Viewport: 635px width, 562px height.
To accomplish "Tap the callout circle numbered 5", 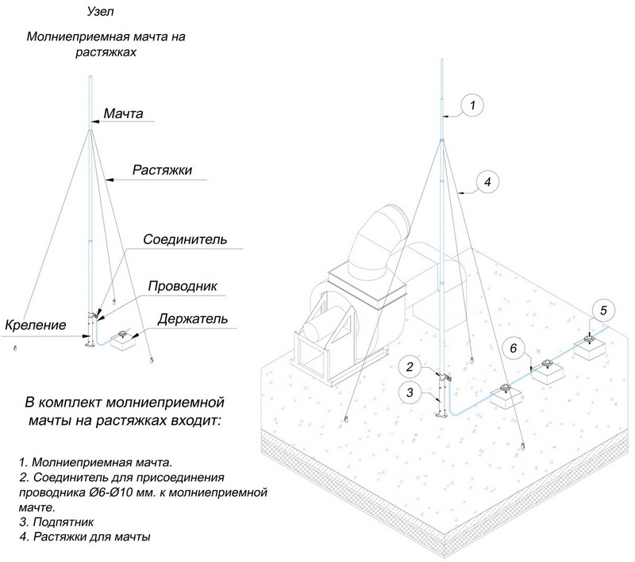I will click(x=602, y=309).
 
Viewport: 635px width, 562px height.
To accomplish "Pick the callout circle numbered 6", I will click(x=514, y=348).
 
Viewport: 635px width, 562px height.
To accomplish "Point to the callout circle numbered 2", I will click(x=410, y=367).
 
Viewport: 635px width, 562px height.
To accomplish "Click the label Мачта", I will click(x=123, y=114).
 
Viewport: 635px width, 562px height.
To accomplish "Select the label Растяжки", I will click(x=162, y=170).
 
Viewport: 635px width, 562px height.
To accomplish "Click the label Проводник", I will click(x=183, y=285).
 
